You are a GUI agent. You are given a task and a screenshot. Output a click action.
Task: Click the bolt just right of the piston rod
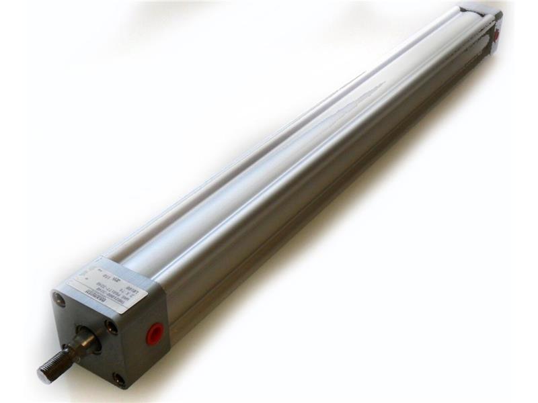(110, 328)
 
